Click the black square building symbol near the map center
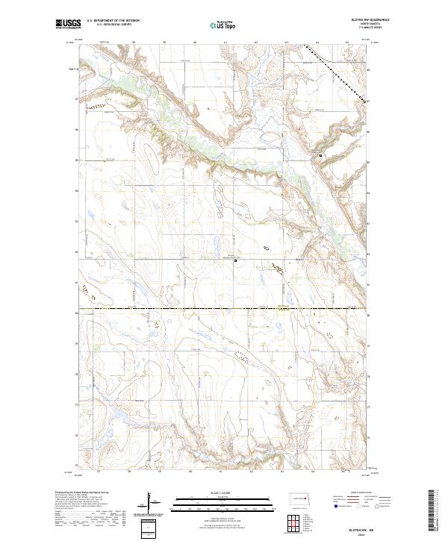pyautogui.click(x=235, y=260)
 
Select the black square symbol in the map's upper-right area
pyautogui.click(x=321, y=155)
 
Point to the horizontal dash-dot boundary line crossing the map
pyautogui.click(x=224, y=307)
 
